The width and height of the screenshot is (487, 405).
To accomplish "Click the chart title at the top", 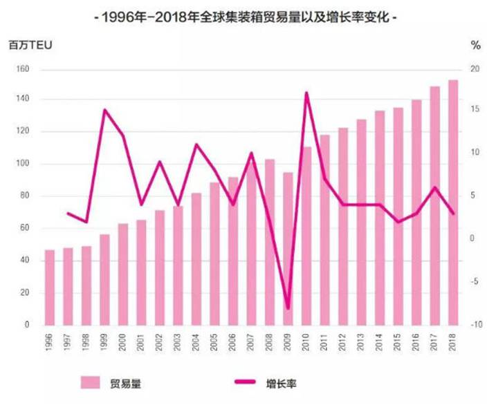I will coord(244,19).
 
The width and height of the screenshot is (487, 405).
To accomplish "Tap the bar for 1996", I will coord(50,287).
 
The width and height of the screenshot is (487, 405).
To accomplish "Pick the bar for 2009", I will coord(288,248).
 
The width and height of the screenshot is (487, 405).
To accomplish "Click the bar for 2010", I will coord(306,236).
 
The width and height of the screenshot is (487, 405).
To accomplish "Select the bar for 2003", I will coord(178,265).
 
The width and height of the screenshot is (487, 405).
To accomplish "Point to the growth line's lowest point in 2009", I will coord(288,309).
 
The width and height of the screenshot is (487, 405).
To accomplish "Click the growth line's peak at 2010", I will coord(306,93).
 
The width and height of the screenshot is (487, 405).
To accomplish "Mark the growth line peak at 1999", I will coord(104,110).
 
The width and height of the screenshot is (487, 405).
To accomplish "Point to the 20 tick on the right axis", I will coord(475,69).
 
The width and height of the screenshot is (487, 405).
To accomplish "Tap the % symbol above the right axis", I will coord(475,46).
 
